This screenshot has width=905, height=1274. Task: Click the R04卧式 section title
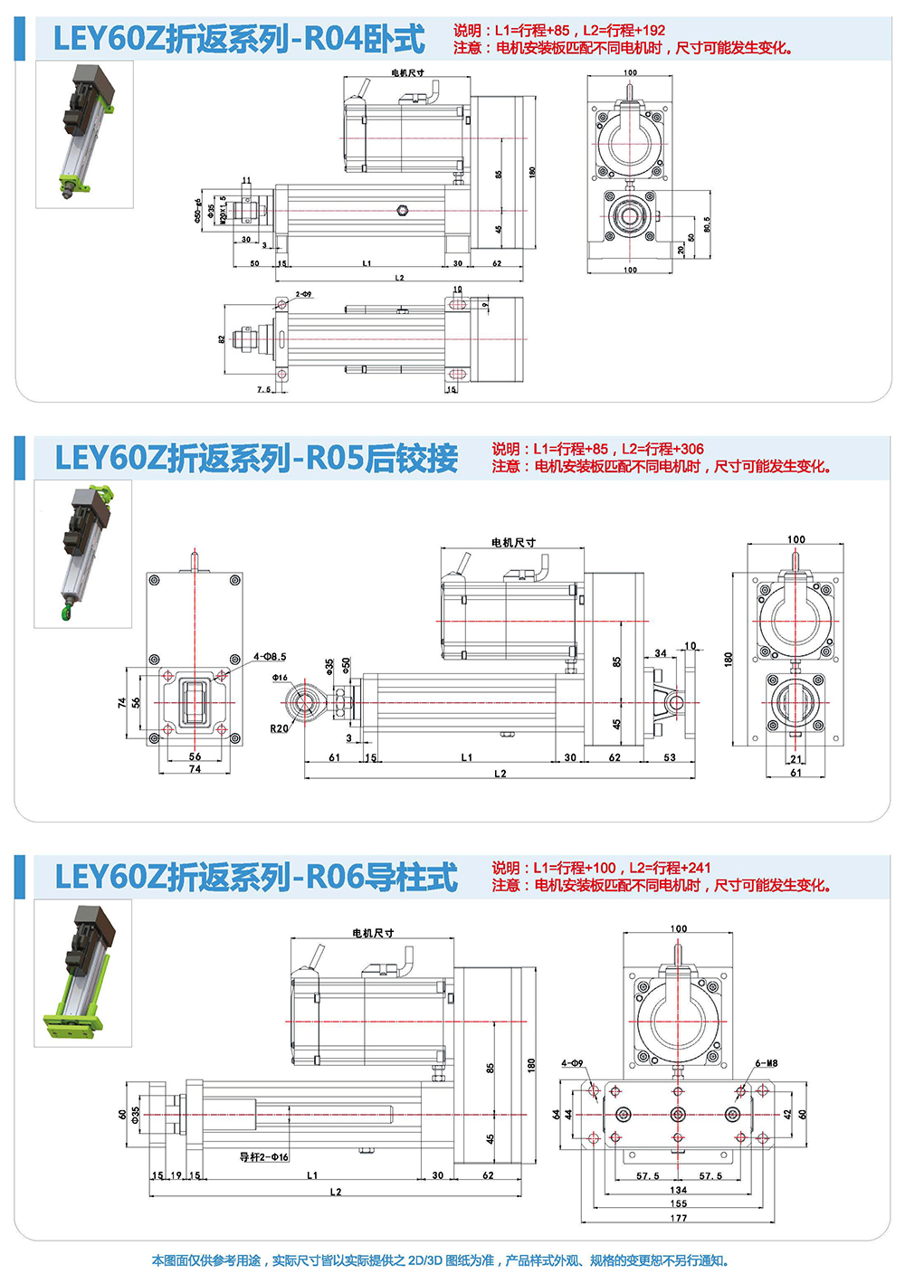[239, 39]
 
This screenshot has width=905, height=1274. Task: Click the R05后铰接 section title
[256, 458]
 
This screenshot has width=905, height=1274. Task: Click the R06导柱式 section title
[256, 877]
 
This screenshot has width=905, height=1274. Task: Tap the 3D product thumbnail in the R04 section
[84, 134]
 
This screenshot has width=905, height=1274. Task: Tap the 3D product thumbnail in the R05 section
[83, 553]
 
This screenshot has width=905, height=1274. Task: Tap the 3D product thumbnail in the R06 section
[83, 973]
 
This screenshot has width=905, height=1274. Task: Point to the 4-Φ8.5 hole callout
[269, 657]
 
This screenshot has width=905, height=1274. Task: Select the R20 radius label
[279, 728]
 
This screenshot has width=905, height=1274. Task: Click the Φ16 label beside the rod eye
[280, 678]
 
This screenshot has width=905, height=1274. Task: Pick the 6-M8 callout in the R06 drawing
[766, 1063]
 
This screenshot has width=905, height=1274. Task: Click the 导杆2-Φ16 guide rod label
[263, 1157]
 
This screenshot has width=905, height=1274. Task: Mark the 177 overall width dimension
[679, 1218]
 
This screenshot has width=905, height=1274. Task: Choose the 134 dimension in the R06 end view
[679, 1190]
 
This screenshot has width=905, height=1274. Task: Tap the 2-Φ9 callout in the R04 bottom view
[303, 295]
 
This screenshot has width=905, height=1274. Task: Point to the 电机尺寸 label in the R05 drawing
[513, 543]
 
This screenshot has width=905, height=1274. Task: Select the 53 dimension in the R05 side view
[670, 757]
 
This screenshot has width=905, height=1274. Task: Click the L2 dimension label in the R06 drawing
[336, 1192]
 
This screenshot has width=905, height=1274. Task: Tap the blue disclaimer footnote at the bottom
[440, 1260]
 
